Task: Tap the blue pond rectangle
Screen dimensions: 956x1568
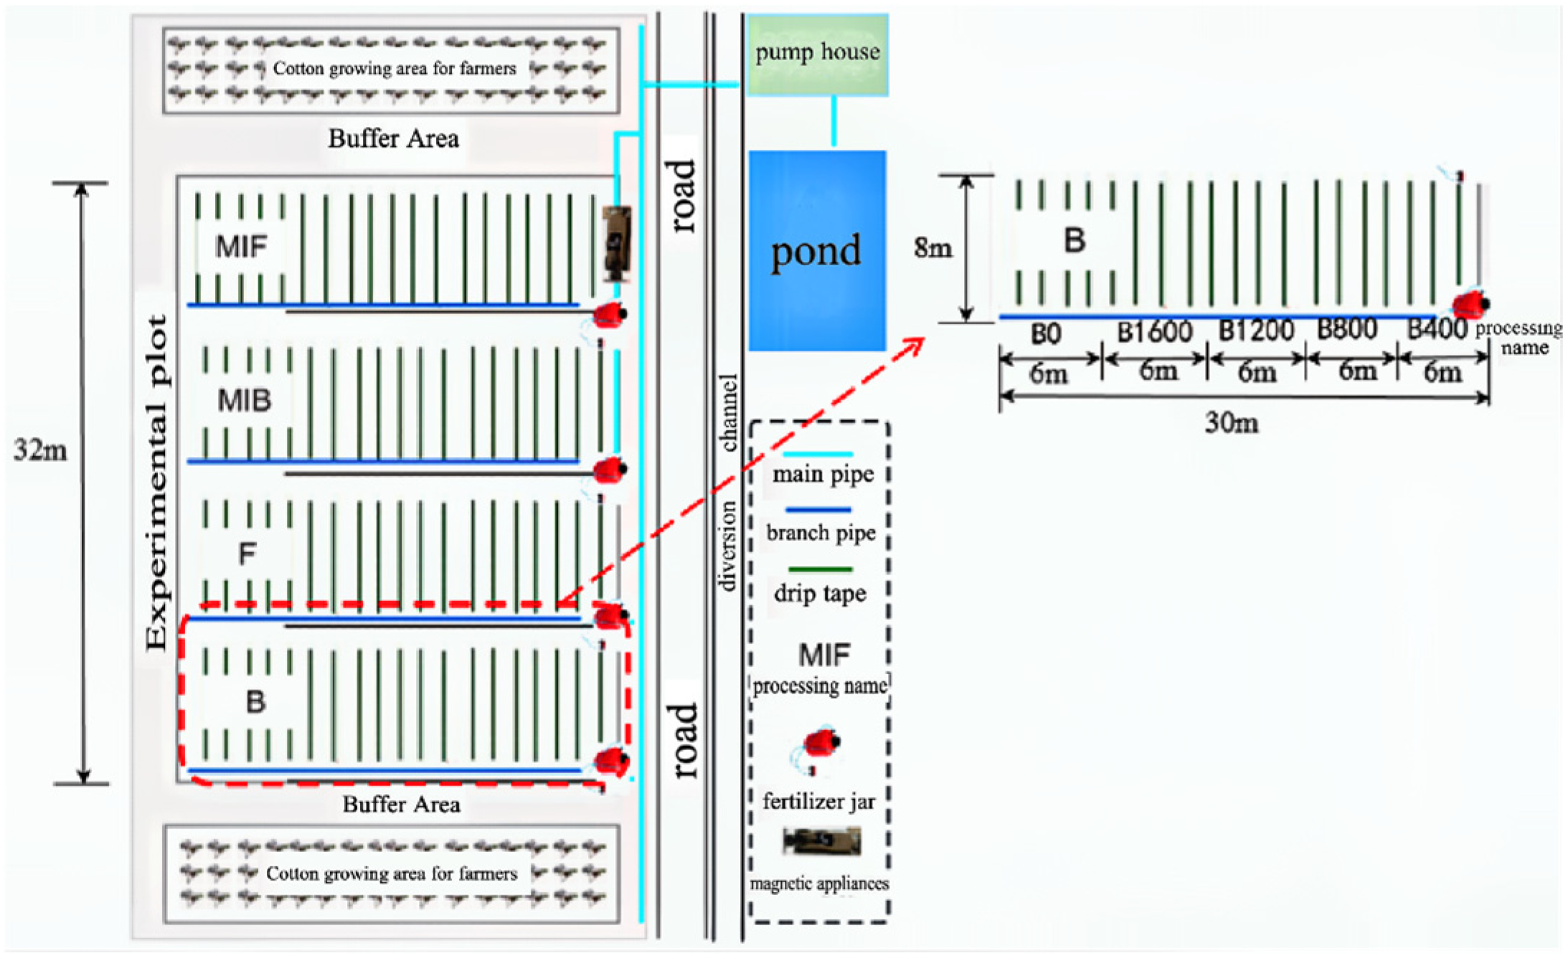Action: click(x=817, y=250)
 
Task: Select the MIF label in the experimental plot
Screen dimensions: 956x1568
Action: click(x=241, y=247)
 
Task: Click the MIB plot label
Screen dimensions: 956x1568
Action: click(x=245, y=400)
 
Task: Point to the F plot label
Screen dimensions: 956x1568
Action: click(x=247, y=554)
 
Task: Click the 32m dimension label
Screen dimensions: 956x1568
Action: click(x=40, y=451)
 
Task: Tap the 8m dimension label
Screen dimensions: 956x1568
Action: click(x=932, y=248)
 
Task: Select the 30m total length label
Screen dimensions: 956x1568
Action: click(x=1231, y=423)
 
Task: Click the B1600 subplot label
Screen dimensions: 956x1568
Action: click(x=1154, y=331)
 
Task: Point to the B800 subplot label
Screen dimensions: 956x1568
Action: click(x=1347, y=329)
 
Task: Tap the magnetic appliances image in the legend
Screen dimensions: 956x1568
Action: click(x=821, y=841)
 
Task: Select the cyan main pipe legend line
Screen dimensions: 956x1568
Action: click(x=818, y=454)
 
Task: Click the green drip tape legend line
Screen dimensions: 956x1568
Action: click(x=820, y=569)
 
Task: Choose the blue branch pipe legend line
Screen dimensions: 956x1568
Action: click(x=818, y=510)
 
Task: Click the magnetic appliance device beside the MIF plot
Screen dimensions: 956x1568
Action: click(x=616, y=244)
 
